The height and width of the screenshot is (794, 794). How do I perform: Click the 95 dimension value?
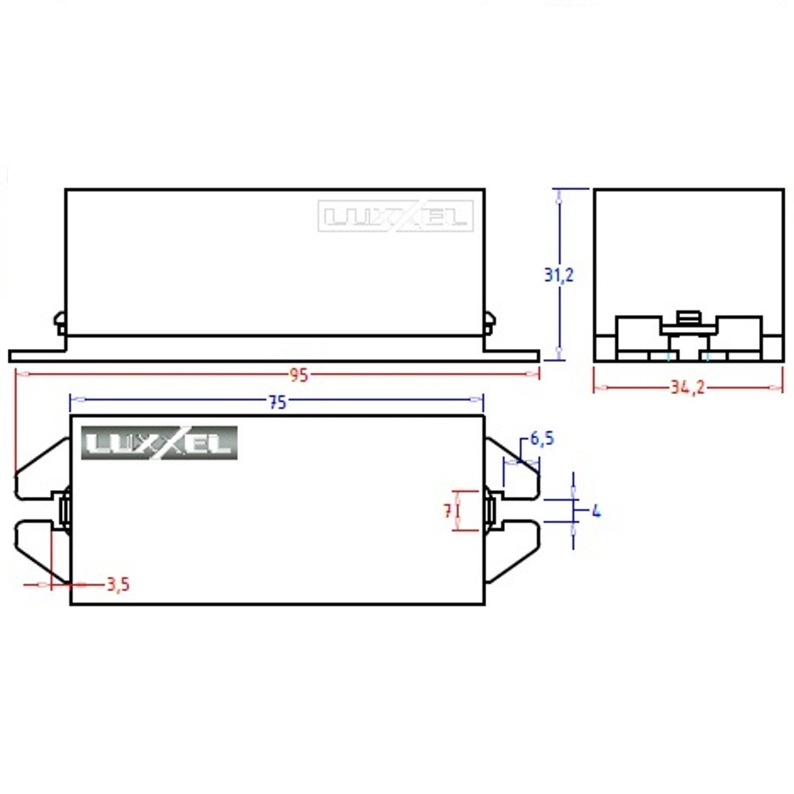(299, 375)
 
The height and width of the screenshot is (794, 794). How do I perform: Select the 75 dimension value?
(278, 402)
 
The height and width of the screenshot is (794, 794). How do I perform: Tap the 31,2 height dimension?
(558, 274)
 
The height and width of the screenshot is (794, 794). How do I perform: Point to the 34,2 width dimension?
(687, 388)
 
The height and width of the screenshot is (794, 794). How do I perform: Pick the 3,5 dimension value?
(117, 585)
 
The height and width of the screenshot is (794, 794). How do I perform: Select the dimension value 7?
(447, 511)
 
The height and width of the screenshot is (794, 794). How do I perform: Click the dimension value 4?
(595, 512)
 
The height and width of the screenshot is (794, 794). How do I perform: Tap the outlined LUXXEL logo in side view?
(395, 216)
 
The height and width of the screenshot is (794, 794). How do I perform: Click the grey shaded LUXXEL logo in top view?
(159, 444)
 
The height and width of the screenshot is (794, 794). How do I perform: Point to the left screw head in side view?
(60, 323)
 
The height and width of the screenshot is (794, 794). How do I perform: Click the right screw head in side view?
(489, 323)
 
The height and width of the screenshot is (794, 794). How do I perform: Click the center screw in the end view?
(688, 319)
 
